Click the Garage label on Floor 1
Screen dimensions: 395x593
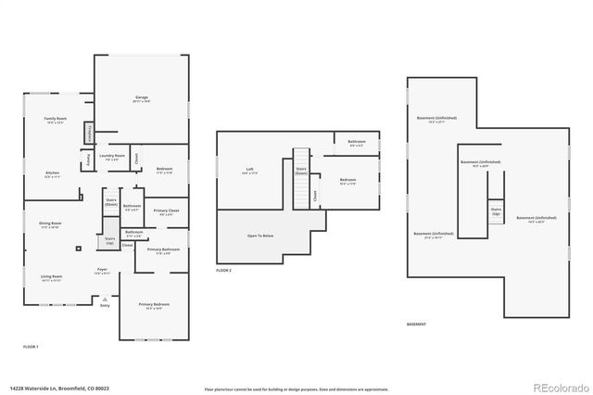pos(142,97)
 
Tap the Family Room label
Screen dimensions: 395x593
pos(57,120)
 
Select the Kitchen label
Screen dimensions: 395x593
pos(53,173)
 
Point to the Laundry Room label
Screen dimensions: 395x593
pos(113,156)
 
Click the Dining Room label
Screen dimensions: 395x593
pos(50,224)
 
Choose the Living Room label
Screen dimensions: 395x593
pos(51,276)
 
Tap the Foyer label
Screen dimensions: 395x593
pos(103,271)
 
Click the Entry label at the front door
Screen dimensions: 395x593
pos(105,304)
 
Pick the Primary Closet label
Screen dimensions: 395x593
pos(166,211)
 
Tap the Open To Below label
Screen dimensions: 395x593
pos(259,236)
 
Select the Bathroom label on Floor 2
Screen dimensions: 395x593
pos(357,142)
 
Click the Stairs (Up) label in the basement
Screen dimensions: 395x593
pos(496,210)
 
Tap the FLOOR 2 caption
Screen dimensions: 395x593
pos(223,270)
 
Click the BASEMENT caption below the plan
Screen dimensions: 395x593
pos(417,324)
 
